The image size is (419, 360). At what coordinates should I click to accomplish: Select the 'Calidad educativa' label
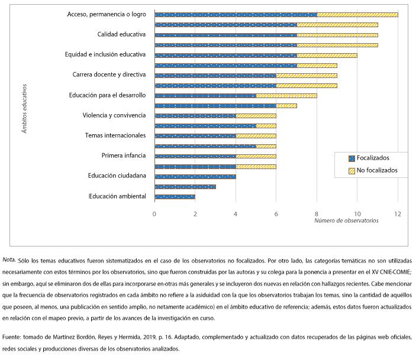[121, 34]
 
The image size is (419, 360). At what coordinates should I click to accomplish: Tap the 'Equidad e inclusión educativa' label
[105, 54]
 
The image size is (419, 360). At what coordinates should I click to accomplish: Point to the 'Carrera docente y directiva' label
[108, 75]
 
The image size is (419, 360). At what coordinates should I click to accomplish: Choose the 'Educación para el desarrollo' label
[107, 95]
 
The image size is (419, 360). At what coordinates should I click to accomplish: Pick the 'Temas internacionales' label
[115, 135]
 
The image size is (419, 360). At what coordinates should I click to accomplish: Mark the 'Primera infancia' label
[123, 156]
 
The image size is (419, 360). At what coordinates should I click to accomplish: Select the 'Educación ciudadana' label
[117, 176]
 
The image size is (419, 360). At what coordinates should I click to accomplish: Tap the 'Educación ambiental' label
[117, 196]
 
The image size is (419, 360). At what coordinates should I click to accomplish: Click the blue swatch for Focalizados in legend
[351, 158]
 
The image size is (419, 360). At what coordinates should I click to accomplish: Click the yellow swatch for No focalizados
[351, 170]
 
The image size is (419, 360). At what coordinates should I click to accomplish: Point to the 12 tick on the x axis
[398, 213]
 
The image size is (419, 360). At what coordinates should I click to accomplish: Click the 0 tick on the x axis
[154, 213]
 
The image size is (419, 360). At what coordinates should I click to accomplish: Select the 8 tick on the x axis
[317, 213]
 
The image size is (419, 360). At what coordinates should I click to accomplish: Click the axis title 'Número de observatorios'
[346, 221]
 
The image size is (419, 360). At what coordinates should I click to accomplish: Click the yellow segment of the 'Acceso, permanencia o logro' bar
[357, 14]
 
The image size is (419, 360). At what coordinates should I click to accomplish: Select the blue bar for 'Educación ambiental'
[175, 196]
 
